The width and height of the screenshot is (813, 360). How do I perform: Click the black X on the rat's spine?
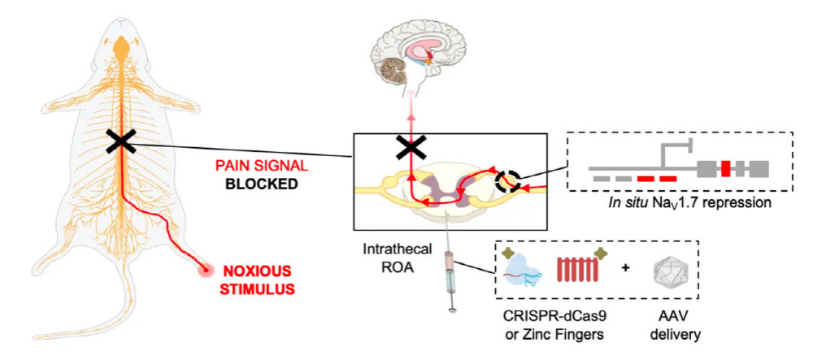(x=121, y=141)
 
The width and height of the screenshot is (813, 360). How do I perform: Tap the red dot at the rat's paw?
(x=207, y=270)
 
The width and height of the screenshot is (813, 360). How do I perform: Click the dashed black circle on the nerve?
(x=506, y=180)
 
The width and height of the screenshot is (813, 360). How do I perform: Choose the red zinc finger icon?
(x=580, y=268)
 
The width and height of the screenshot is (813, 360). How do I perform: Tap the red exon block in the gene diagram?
(x=725, y=168)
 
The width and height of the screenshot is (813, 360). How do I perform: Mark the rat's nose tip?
(x=121, y=20)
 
